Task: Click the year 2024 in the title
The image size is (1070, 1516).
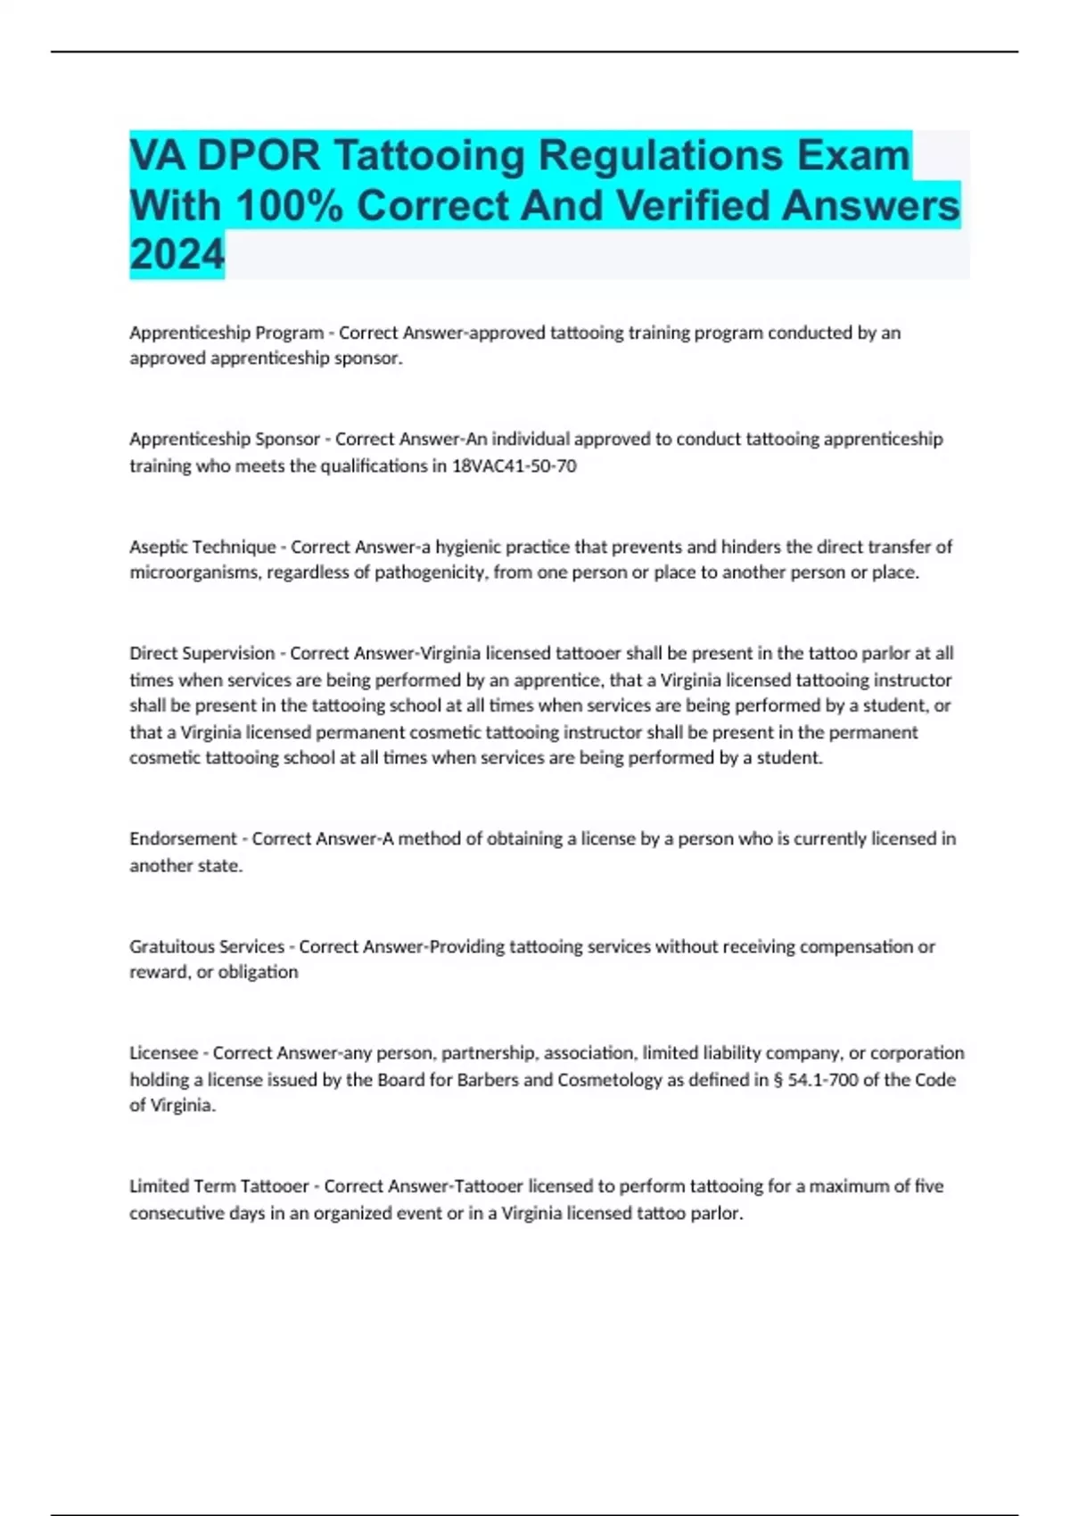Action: coord(177,254)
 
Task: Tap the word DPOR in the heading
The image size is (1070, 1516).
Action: coord(258,156)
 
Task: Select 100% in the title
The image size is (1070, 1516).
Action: coord(289,206)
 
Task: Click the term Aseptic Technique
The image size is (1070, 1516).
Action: coord(202,546)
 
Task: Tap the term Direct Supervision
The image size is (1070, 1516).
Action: coord(202,653)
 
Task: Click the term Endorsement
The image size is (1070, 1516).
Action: coord(183,838)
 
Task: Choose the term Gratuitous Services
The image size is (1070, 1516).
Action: coord(207,946)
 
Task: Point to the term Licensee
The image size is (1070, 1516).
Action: coord(163,1052)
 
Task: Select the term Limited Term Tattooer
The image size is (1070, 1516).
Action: coord(218,1186)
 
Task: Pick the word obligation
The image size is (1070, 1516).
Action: coord(258,972)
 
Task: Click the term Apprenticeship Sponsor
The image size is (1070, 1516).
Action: coord(224,439)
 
